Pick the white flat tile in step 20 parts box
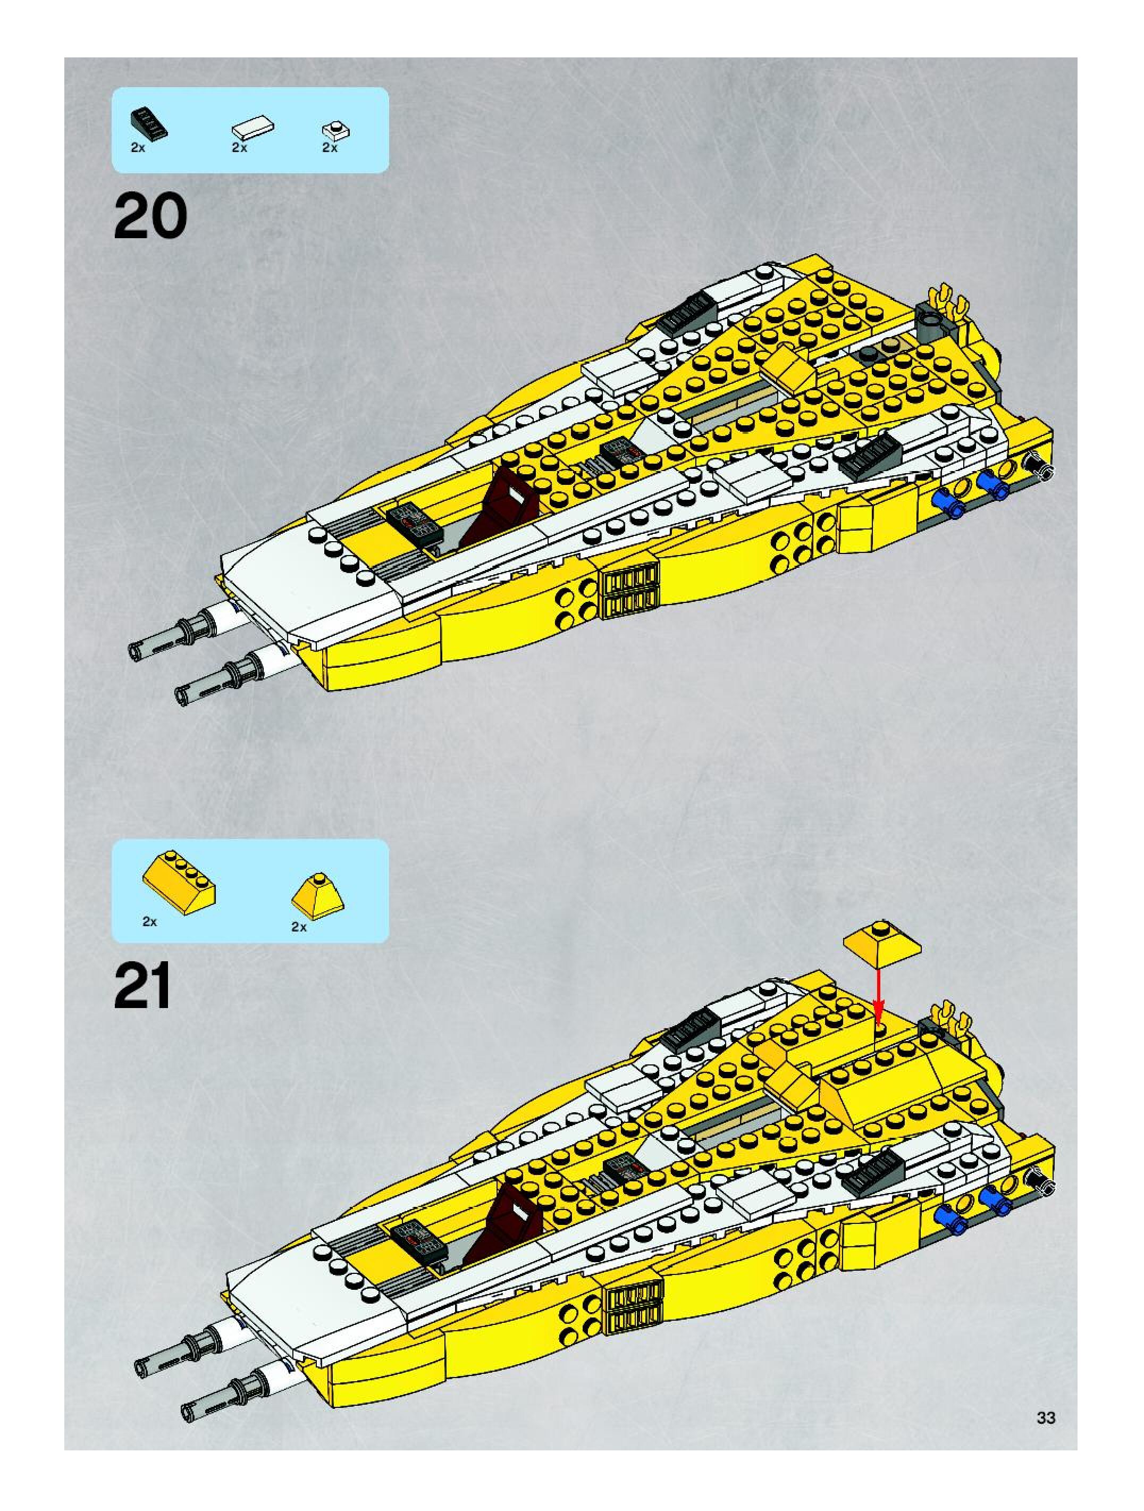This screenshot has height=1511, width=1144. tap(253, 127)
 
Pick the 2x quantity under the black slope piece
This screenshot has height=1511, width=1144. tap(138, 148)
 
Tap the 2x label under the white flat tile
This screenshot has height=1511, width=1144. tap(239, 148)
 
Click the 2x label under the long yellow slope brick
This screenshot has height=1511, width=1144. tap(149, 921)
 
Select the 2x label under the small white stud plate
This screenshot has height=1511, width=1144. tap(330, 148)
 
